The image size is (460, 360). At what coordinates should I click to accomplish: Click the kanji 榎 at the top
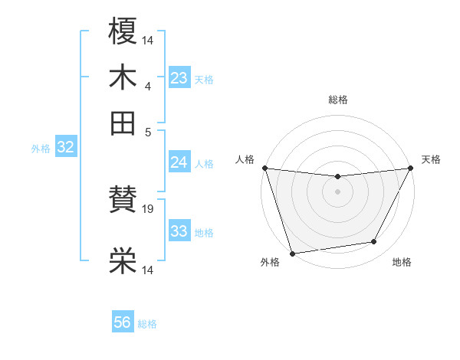pyautogui.click(x=123, y=31)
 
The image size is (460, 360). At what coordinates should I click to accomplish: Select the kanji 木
pyautogui.click(x=123, y=77)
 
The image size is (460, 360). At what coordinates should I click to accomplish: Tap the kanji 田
pyautogui.click(x=123, y=123)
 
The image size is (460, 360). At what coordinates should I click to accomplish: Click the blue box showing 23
pyautogui.click(x=179, y=78)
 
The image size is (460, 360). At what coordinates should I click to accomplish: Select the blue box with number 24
pyautogui.click(x=179, y=162)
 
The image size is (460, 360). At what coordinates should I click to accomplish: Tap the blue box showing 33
pyautogui.click(x=179, y=231)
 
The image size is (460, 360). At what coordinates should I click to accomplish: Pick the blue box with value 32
pyautogui.click(x=65, y=147)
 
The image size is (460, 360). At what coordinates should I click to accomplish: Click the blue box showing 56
pyautogui.click(x=123, y=322)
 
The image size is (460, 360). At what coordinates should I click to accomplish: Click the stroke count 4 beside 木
pyautogui.click(x=148, y=86)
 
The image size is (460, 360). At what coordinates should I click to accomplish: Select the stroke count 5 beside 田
pyautogui.click(x=148, y=131)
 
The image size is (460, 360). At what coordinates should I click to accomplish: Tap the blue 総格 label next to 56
pyautogui.click(x=147, y=324)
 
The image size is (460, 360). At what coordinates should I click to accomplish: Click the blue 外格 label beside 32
pyautogui.click(x=41, y=149)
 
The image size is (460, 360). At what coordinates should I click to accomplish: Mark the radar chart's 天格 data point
pyautogui.click(x=411, y=168)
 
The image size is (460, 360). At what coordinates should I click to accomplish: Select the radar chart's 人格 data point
pyautogui.click(x=264, y=168)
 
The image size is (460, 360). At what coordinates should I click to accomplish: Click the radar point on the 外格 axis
pyautogui.click(x=292, y=254)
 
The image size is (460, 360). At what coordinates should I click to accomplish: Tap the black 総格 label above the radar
pyautogui.click(x=337, y=100)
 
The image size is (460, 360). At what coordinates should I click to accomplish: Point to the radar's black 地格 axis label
pyautogui.click(x=402, y=263)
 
